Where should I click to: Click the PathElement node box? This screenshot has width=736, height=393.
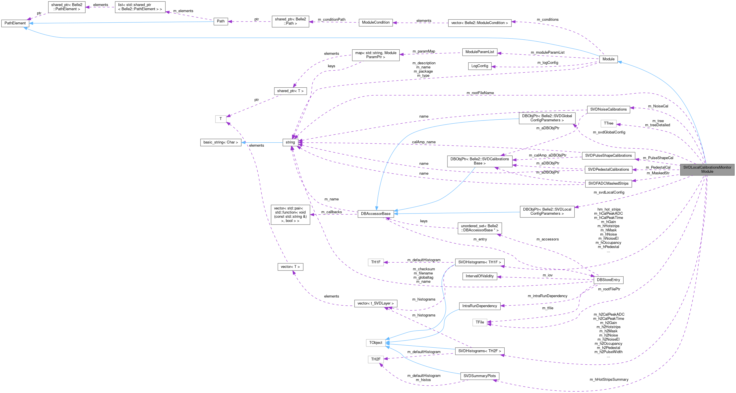tap(15, 23)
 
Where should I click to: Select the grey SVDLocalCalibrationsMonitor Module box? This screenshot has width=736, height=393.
tap(707, 169)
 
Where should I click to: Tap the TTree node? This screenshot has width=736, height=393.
tap(608, 123)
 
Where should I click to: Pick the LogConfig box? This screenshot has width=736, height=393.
tap(479, 66)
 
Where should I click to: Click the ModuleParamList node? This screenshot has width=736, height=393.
tap(479, 52)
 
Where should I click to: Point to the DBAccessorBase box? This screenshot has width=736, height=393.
tap(376, 214)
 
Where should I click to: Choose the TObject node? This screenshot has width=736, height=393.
tap(376, 343)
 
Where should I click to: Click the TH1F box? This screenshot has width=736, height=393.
tap(376, 262)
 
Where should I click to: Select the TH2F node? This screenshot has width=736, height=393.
tap(376, 359)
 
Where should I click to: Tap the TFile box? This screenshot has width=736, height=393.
tap(479, 322)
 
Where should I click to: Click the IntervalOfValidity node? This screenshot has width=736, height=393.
tap(479, 276)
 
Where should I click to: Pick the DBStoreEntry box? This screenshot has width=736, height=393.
tap(608, 280)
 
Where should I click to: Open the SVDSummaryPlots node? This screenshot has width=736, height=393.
tap(479, 376)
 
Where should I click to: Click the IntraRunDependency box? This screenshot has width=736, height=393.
tap(479, 306)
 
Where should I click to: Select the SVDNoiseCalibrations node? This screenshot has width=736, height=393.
tap(608, 109)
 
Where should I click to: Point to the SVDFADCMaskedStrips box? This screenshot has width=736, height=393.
tap(608, 184)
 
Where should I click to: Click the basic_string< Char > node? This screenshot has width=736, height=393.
tap(221, 142)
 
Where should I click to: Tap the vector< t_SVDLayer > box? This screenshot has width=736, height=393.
tap(376, 303)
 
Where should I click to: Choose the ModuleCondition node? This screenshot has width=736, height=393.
tap(376, 23)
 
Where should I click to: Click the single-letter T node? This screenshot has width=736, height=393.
tap(221, 119)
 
